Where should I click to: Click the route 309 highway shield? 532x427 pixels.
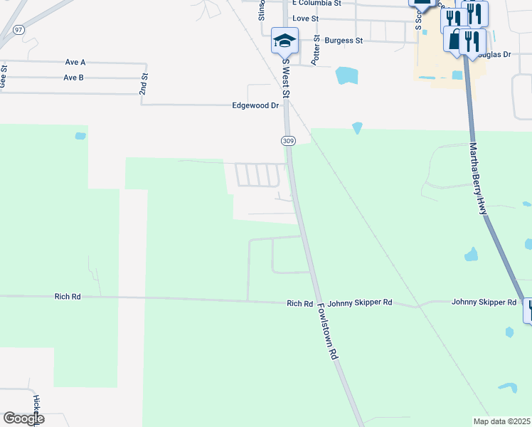point(288,141)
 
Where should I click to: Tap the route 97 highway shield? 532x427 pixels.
point(18,28)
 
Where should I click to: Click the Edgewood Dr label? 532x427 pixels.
point(255,105)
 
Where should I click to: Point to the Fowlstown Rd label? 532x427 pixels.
point(327,333)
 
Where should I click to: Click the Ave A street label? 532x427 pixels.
point(75,63)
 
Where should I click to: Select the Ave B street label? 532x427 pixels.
point(74,78)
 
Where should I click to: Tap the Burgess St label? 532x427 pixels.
point(344,41)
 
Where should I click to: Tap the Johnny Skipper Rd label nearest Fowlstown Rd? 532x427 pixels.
point(368,302)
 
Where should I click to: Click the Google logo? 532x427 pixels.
point(23,418)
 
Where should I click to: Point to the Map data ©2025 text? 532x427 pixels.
point(501,421)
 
